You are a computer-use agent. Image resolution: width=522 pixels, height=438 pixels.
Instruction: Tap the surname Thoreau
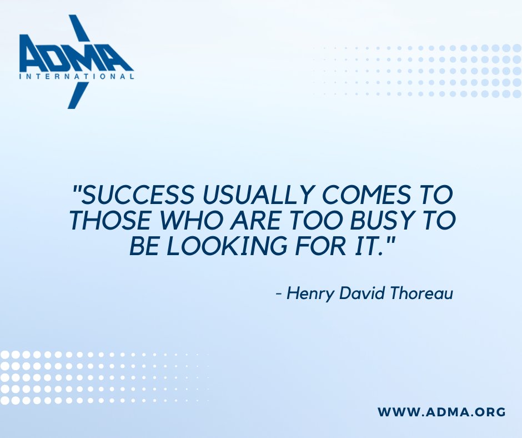pos(424,293)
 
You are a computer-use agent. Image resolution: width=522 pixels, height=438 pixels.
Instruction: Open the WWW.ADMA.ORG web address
pos(441,412)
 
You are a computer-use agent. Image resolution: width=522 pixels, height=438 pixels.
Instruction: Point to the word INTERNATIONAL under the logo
pos(76,77)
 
